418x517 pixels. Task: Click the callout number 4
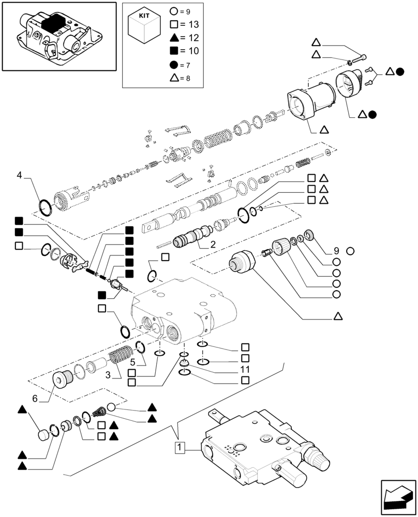[19, 175]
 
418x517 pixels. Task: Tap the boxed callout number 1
[179, 447]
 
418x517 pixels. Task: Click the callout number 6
[35, 399]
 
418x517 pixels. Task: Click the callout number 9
[335, 251]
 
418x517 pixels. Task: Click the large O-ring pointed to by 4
[46, 207]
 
